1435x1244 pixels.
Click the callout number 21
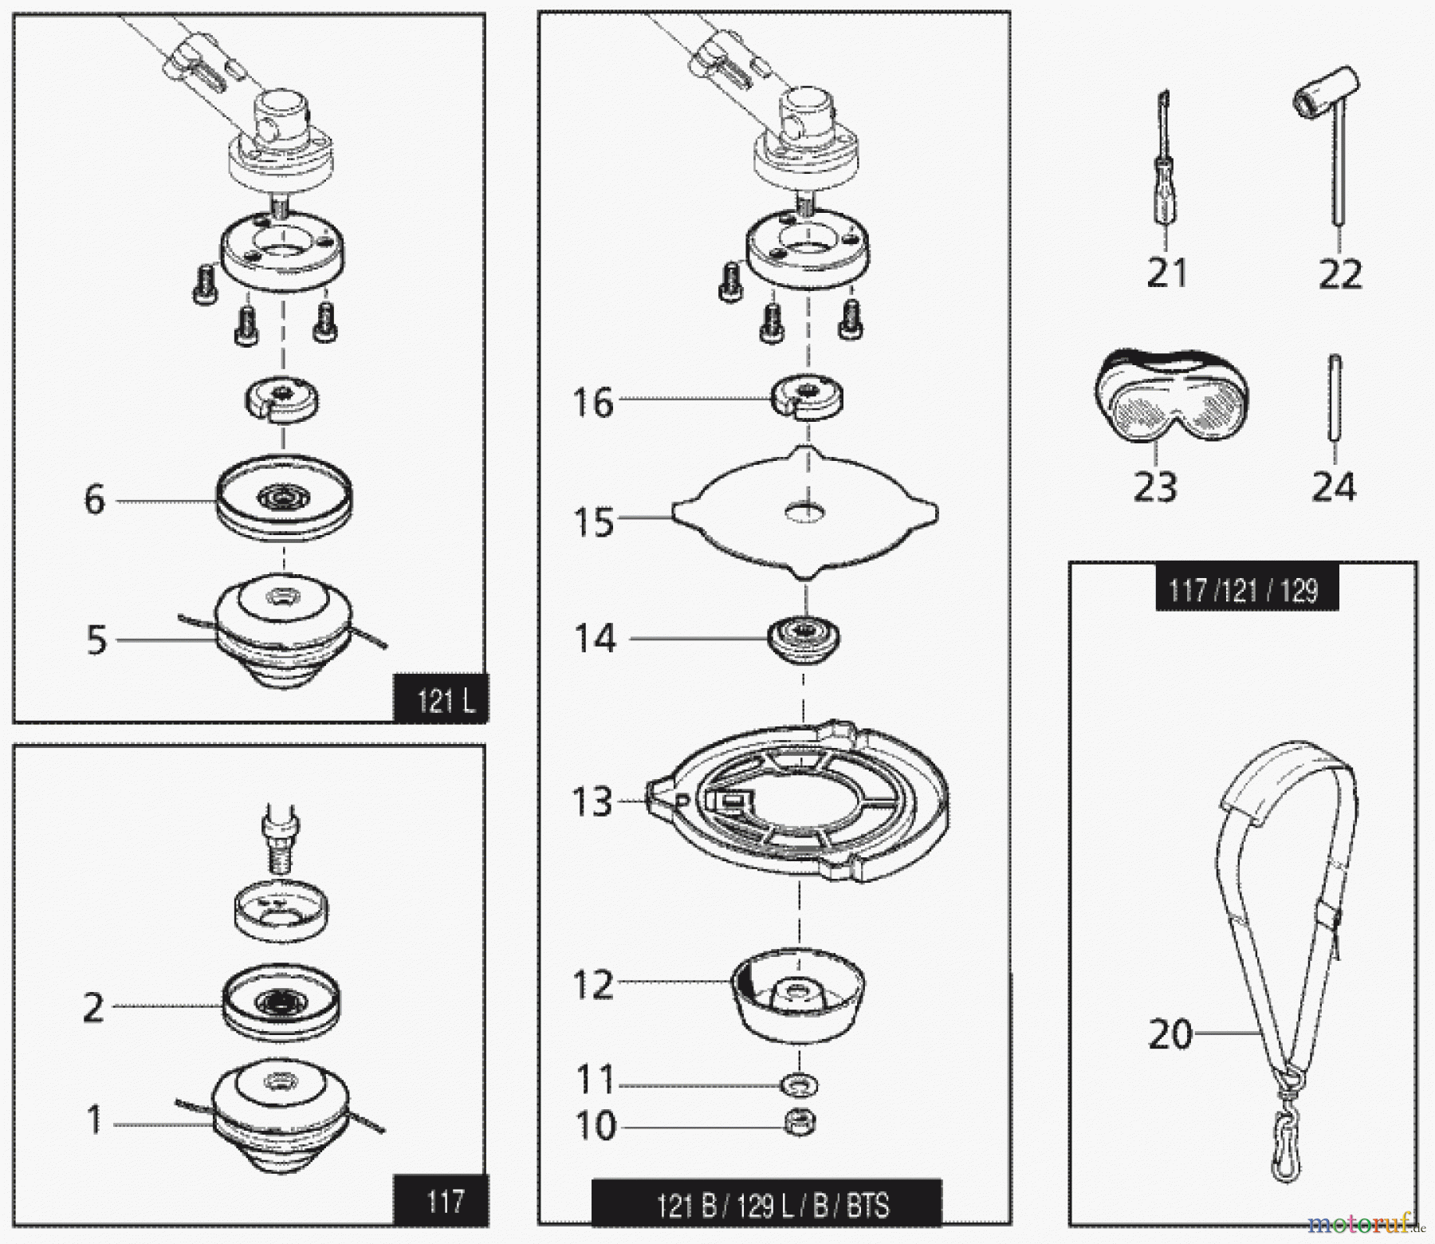click(x=1166, y=273)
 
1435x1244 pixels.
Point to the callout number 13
click(x=592, y=801)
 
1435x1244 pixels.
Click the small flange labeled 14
click(x=804, y=638)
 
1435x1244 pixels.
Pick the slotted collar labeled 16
click(x=808, y=398)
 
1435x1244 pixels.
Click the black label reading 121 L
click(x=441, y=701)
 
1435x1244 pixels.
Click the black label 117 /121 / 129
click(x=1246, y=591)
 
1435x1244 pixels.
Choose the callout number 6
click(x=94, y=501)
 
